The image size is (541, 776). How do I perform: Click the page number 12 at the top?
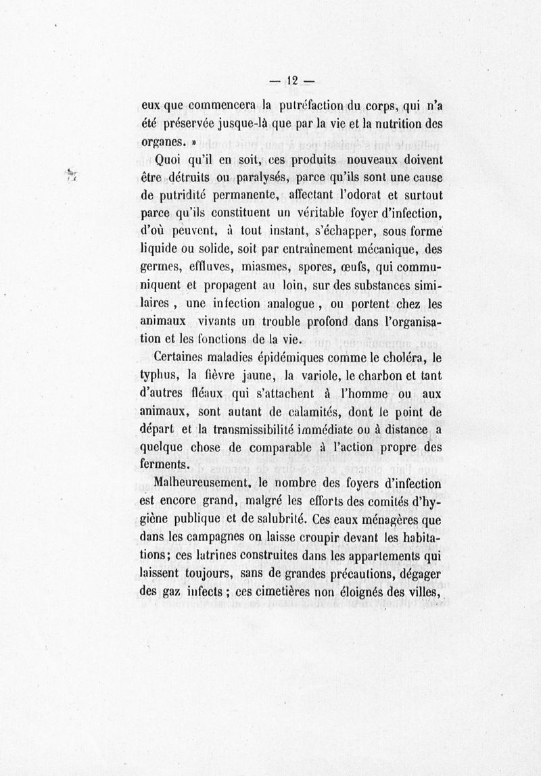coord(291,79)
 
